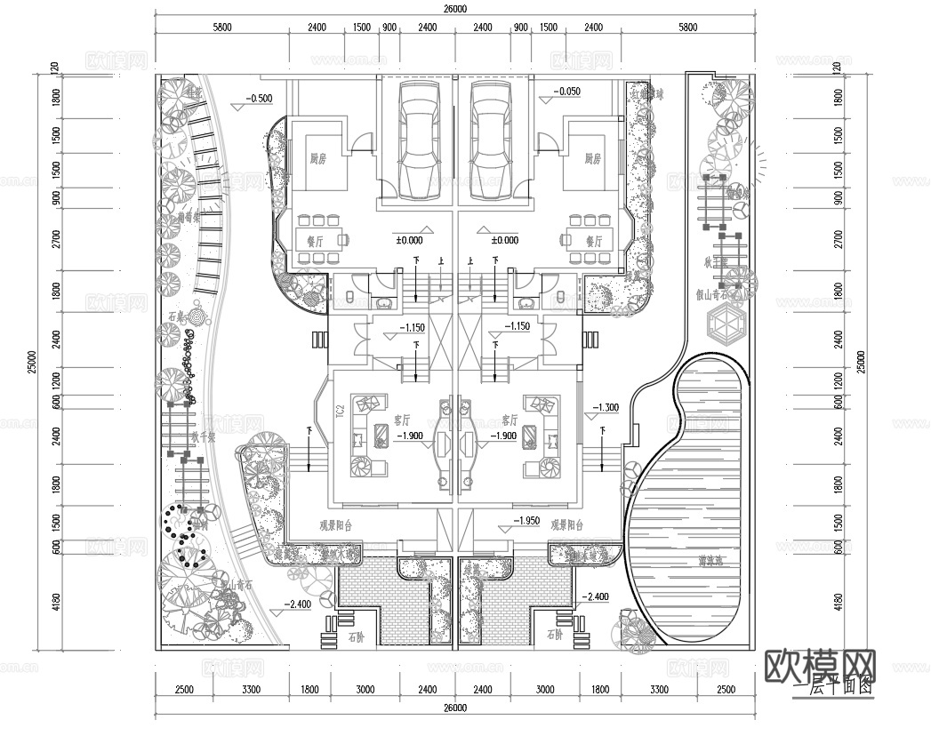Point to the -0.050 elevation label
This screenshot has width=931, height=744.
[566, 91]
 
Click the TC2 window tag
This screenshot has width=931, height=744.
[340, 412]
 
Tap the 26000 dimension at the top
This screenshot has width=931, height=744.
[454, 9]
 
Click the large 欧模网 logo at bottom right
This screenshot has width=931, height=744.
[820, 664]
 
